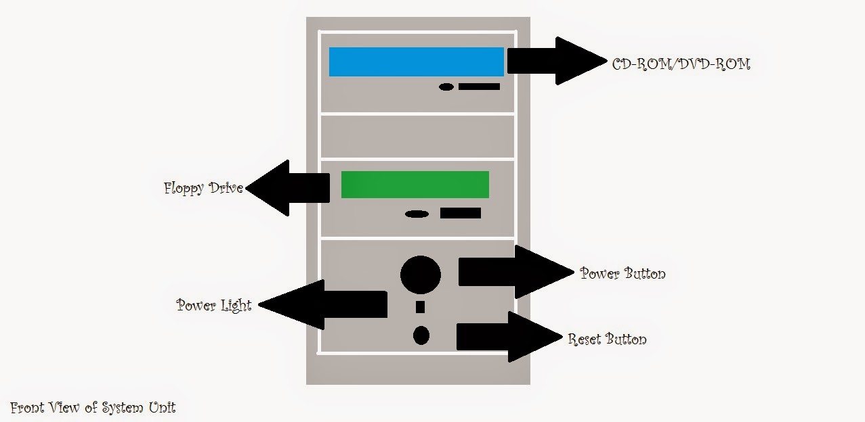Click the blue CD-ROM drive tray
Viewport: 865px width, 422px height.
point(416,62)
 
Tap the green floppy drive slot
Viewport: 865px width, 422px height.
point(415,185)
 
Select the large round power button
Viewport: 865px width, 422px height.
point(421,275)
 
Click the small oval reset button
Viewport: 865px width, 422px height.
point(421,335)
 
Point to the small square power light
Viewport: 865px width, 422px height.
point(420,307)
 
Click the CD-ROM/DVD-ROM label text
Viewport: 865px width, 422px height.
point(681,65)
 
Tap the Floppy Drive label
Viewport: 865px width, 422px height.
point(203,188)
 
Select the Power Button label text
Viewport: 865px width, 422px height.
point(623,273)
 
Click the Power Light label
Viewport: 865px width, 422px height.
point(214,305)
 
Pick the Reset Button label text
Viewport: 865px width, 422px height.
point(607,339)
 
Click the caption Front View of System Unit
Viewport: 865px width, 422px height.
point(93,408)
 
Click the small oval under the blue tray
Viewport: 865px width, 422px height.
point(446,87)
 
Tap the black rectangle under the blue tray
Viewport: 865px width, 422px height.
point(479,87)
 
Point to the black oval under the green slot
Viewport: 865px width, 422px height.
point(417,214)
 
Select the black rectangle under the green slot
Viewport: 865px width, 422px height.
point(461,213)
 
